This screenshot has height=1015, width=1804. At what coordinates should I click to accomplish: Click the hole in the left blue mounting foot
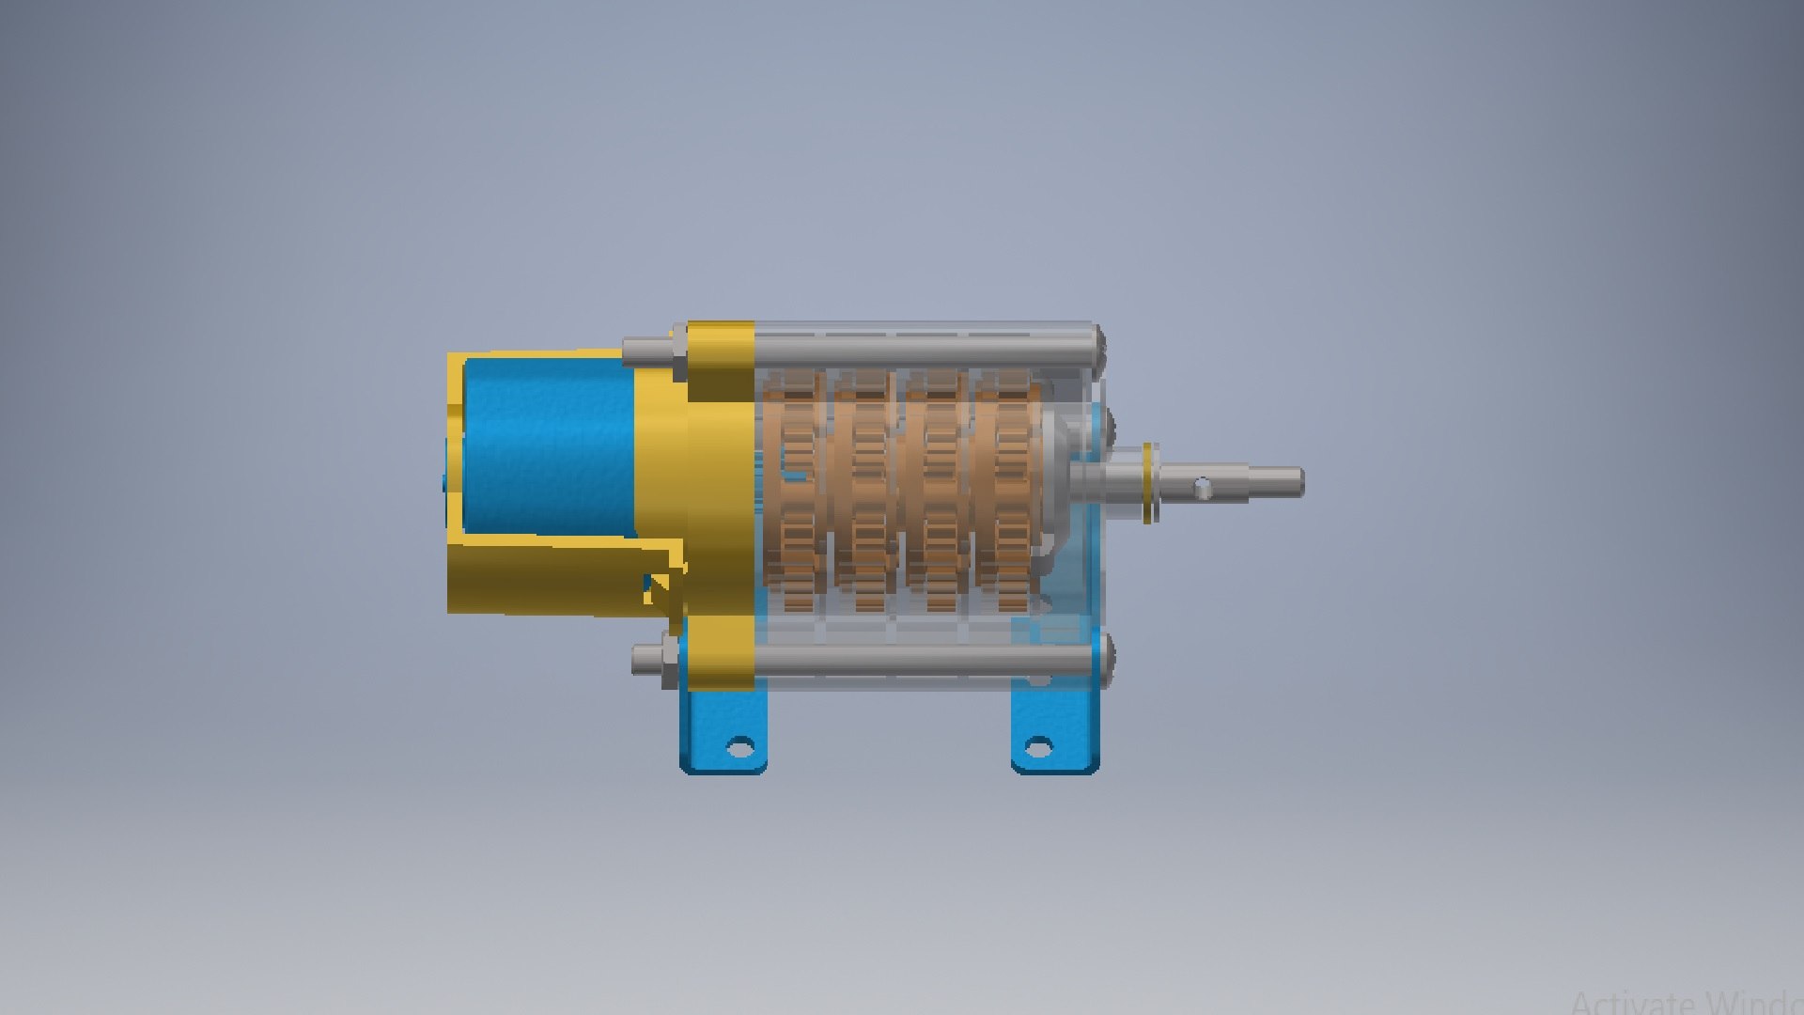tap(740, 748)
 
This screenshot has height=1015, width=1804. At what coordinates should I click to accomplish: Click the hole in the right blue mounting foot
tap(1038, 748)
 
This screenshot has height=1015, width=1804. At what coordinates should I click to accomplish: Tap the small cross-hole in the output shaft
tap(1204, 487)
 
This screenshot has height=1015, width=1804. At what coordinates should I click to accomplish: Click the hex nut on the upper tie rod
tap(679, 351)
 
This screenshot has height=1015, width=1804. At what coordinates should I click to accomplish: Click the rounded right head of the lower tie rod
tap(1105, 656)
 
